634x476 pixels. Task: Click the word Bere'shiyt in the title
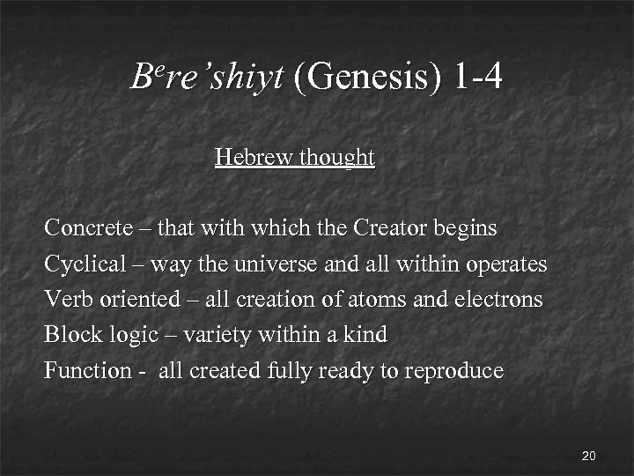click(207, 78)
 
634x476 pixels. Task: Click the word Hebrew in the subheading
click(254, 158)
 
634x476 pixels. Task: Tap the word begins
click(467, 229)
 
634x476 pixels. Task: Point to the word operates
click(508, 264)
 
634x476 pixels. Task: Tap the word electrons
click(500, 299)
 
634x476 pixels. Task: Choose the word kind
click(368, 335)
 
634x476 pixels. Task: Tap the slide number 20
click(589, 456)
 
